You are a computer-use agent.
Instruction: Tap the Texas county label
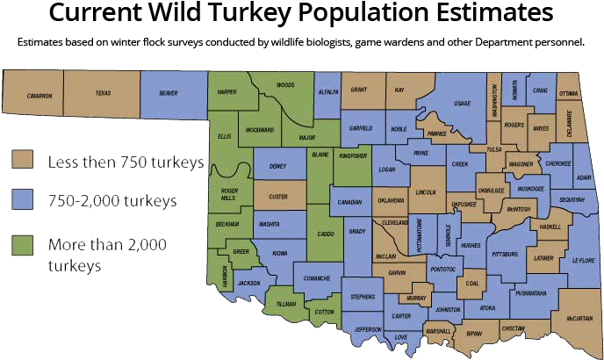click(x=104, y=93)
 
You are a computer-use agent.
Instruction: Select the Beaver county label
click(x=169, y=93)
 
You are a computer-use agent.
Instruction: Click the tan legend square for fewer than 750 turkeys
click(x=23, y=161)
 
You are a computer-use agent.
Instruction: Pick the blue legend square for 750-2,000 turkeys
click(x=23, y=201)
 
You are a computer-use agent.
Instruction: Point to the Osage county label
click(x=462, y=103)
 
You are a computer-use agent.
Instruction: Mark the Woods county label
click(x=285, y=85)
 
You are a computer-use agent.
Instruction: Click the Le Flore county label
click(x=583, y=260)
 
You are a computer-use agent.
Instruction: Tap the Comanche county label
click(x=317, y=278)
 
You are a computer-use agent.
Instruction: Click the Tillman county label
click(x=286, y=303)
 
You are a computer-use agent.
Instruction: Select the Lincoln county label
click(x=427, y=192)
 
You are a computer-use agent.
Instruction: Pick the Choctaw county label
click(x=513, y=328)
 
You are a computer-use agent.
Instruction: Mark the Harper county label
click(x=227, y=91)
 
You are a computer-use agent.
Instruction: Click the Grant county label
click(x=359, y=90)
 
